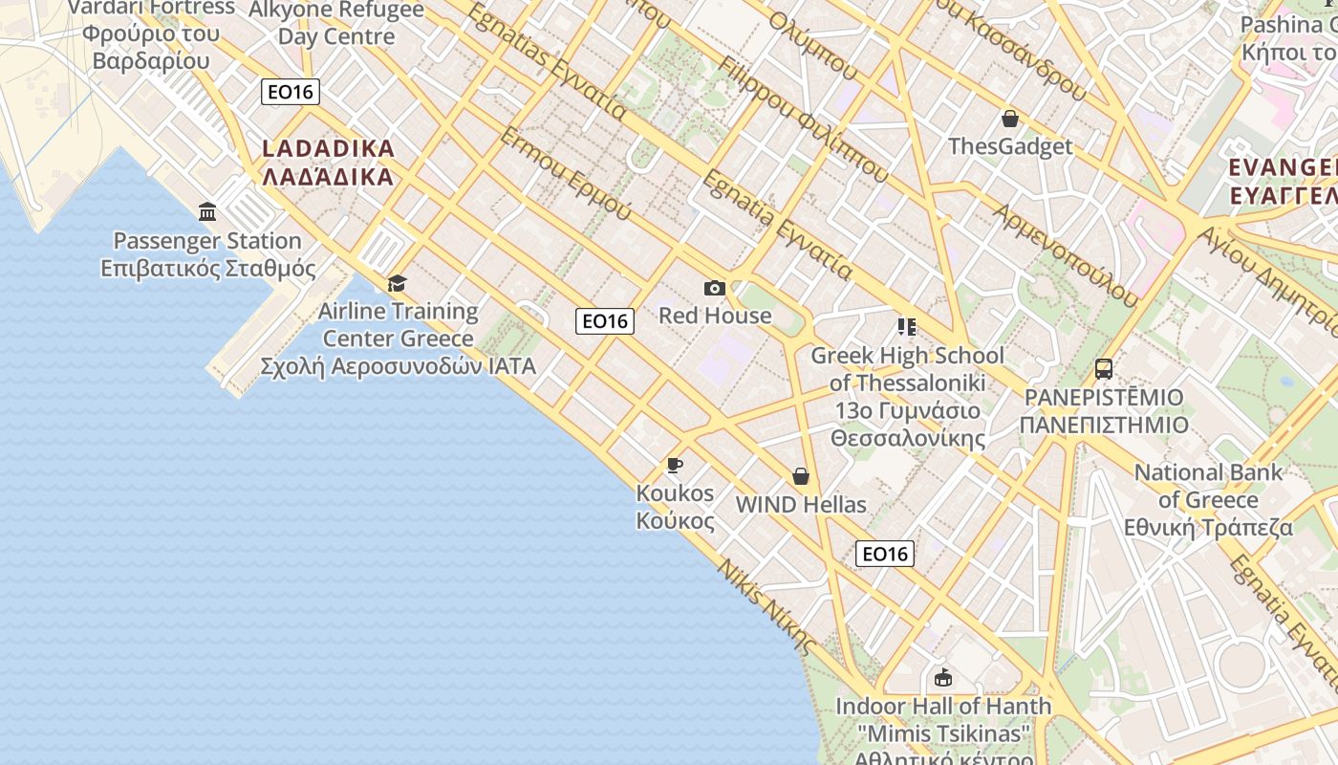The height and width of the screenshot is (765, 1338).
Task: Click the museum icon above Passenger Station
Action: pos(207,211)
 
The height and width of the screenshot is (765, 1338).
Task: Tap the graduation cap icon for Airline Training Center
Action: pos(397,283)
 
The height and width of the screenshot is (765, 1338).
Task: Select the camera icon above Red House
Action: pos(714,288)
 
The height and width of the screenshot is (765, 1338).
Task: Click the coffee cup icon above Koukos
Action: pos(675,466)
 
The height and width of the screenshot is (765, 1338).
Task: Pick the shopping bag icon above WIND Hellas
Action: pos(801,476)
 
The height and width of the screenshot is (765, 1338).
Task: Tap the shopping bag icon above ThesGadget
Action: pos(1009,119)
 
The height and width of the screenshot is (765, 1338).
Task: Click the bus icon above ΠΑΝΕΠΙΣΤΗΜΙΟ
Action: pos(1104,368)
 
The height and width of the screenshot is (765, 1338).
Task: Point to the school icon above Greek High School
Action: pos(906,327)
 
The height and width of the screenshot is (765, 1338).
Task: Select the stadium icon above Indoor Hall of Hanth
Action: pos(943,678)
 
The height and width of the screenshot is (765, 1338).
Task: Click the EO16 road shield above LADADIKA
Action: pos(291,92)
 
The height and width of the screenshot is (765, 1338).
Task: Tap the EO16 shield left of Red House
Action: pos(605,321)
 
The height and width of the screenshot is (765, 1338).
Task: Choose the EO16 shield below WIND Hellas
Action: pos(884,554)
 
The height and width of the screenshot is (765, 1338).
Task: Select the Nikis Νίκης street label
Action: pos(769,602)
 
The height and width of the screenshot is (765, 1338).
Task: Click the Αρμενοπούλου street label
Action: pos(1067,254)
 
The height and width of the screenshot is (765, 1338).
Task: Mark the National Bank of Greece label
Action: pos(1208,499)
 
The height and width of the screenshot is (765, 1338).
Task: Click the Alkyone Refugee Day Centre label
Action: pos(336,23)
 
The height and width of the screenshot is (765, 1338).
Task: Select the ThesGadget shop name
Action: pos(1010,146)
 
